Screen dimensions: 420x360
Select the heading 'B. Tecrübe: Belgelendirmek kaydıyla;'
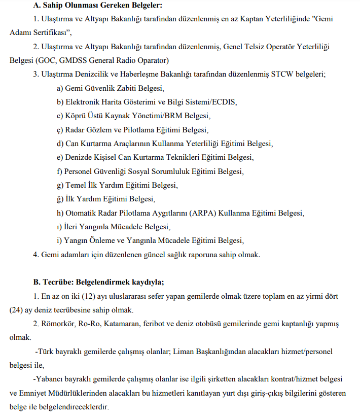click(84, 282)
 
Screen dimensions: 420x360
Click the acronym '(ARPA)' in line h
click(203, 213)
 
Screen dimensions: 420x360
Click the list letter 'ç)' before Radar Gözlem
click(60, 129)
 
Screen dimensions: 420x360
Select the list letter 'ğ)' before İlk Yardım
click(60, 198)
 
